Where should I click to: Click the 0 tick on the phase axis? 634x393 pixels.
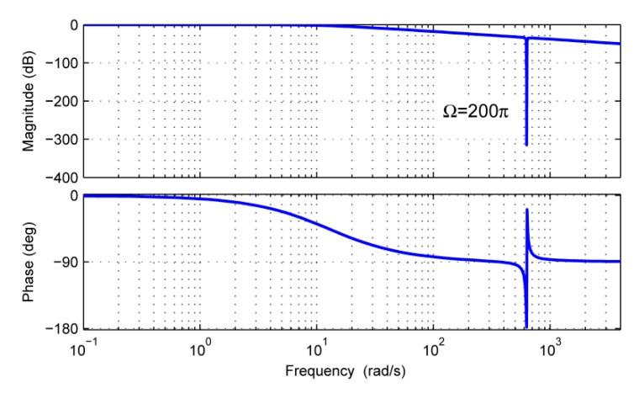[x=74, y=195]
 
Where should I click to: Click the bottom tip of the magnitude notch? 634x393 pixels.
[x=526, y=145]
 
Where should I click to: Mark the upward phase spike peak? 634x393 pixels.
[x=527, y=210]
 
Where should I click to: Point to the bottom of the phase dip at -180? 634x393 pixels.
[x=526, y=327]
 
